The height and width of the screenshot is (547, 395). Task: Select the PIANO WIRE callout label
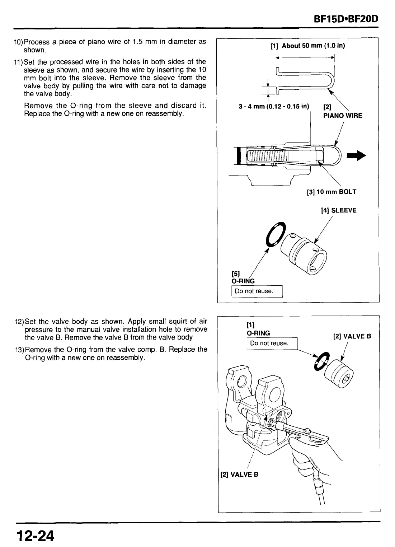pyautogui.click(x=343, y=116)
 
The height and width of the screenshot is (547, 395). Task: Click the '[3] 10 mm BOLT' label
pyautogui.click(x=332, y=192)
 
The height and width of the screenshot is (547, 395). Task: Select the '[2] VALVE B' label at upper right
pyautogui.click(x=352, y=336)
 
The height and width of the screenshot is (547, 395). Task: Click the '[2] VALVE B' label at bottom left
pyautogui.click(x=239, y=474)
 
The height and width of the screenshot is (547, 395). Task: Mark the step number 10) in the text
pyautogui.click(x=19, y=42)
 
